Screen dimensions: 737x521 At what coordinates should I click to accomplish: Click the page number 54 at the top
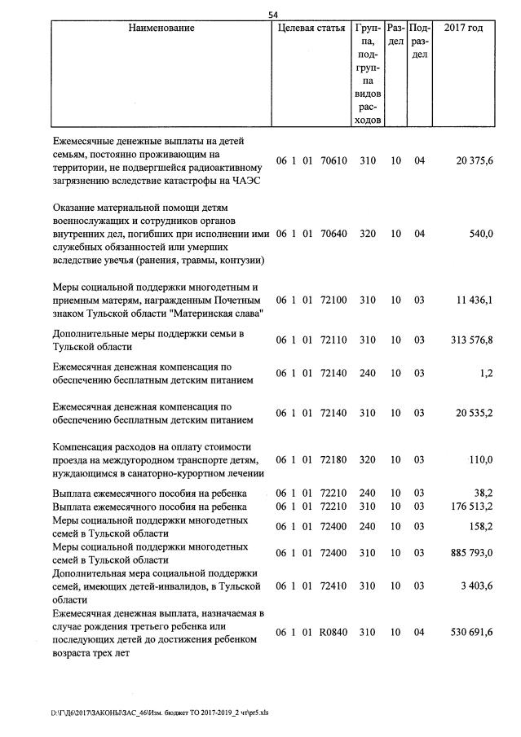[x=273, y=15]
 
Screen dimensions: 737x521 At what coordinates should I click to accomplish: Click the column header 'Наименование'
[x=161, y=29]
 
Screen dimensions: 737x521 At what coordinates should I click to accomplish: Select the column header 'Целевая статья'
[x=311, y=29]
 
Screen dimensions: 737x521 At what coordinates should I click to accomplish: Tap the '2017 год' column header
[x=462, y=29]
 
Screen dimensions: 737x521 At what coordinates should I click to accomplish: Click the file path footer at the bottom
[x=160, y=711]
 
